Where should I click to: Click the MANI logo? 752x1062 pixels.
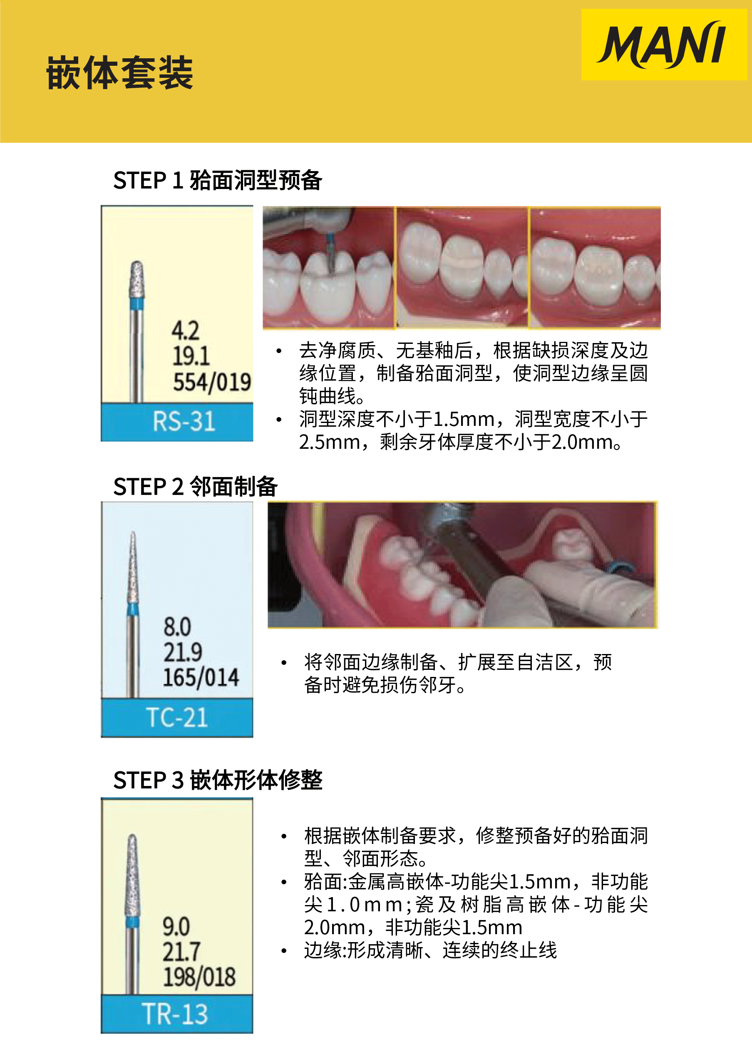tap(663, 45)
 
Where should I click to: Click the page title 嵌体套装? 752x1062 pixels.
tap(119, 72)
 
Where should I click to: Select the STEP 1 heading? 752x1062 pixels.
tap(218, 180)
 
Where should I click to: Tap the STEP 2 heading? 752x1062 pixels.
tap(196, 487)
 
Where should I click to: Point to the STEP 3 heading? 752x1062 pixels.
tap(218, 780)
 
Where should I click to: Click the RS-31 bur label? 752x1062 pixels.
tap(184, 421)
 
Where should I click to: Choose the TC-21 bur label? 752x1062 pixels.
tap(177, 717)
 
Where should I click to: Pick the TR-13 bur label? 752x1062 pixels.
tap(174, 1014)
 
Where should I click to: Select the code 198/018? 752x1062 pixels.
tap(199, 977)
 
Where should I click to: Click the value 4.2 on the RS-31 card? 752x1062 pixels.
tap(185, 330)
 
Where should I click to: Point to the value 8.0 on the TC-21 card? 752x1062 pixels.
tap(177, 627)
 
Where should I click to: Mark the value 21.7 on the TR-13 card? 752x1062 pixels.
tap(181, 952)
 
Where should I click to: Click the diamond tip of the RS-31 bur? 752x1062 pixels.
tap(137, 279)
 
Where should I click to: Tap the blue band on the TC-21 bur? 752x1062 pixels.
tap(133, 609)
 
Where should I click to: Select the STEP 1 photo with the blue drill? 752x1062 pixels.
tap(328, 268)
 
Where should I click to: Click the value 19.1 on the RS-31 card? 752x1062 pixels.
tap(191, 356)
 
